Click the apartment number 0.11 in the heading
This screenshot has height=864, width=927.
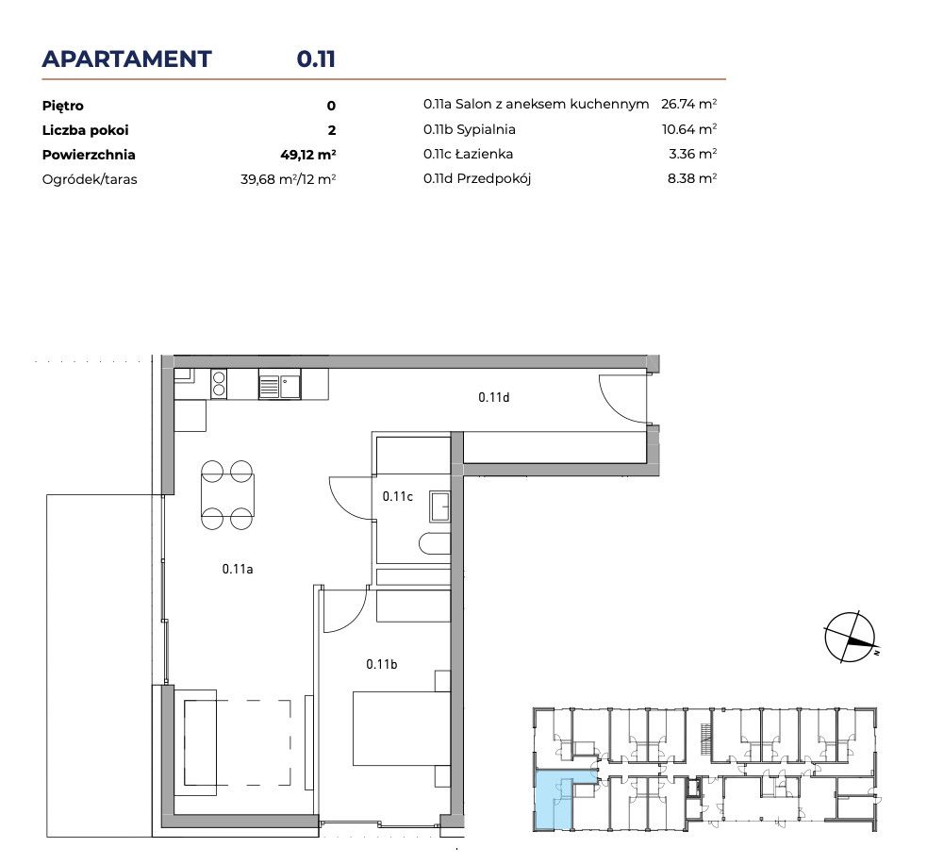point(316,59)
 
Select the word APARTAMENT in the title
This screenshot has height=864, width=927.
point(126,59)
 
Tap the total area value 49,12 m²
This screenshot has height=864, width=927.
point(308,155)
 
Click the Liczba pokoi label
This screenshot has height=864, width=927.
point(85,130)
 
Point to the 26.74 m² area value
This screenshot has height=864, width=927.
point(688,104)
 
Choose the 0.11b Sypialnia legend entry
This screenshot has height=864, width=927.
point(470,129)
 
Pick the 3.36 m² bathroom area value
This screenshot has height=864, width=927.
point(692,154)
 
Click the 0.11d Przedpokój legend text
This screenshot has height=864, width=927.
point(477,178)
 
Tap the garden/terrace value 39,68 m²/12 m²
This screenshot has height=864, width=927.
point(288,179)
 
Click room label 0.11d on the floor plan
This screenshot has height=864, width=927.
point(493,397)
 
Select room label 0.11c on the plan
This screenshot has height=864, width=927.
point(397,496)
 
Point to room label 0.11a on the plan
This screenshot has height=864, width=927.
point(238,569)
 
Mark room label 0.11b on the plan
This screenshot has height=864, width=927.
point(381,664)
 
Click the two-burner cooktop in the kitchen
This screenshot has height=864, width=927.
point(219,383)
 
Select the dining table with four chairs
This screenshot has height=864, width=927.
point(227,495)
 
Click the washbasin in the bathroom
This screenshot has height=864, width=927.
point(439,507)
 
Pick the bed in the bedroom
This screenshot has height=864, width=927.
point(402,728)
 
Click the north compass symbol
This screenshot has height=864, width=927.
point(851,638)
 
